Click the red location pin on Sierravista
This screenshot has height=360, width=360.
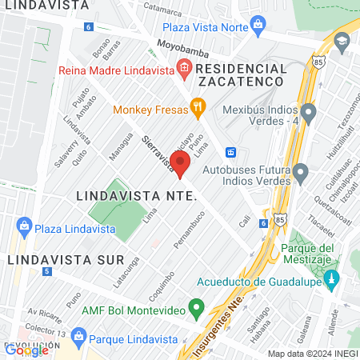click(x=180, y=163)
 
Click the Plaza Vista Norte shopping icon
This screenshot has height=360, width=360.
click(x=258, y=27)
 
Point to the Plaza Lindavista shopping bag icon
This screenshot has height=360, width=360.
click(x=23, y=225)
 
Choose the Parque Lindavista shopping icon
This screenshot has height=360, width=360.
click(x=77, y=336)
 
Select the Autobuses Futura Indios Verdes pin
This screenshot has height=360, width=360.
click(x=301, y=171)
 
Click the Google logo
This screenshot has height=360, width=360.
click(x=26, y=350)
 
